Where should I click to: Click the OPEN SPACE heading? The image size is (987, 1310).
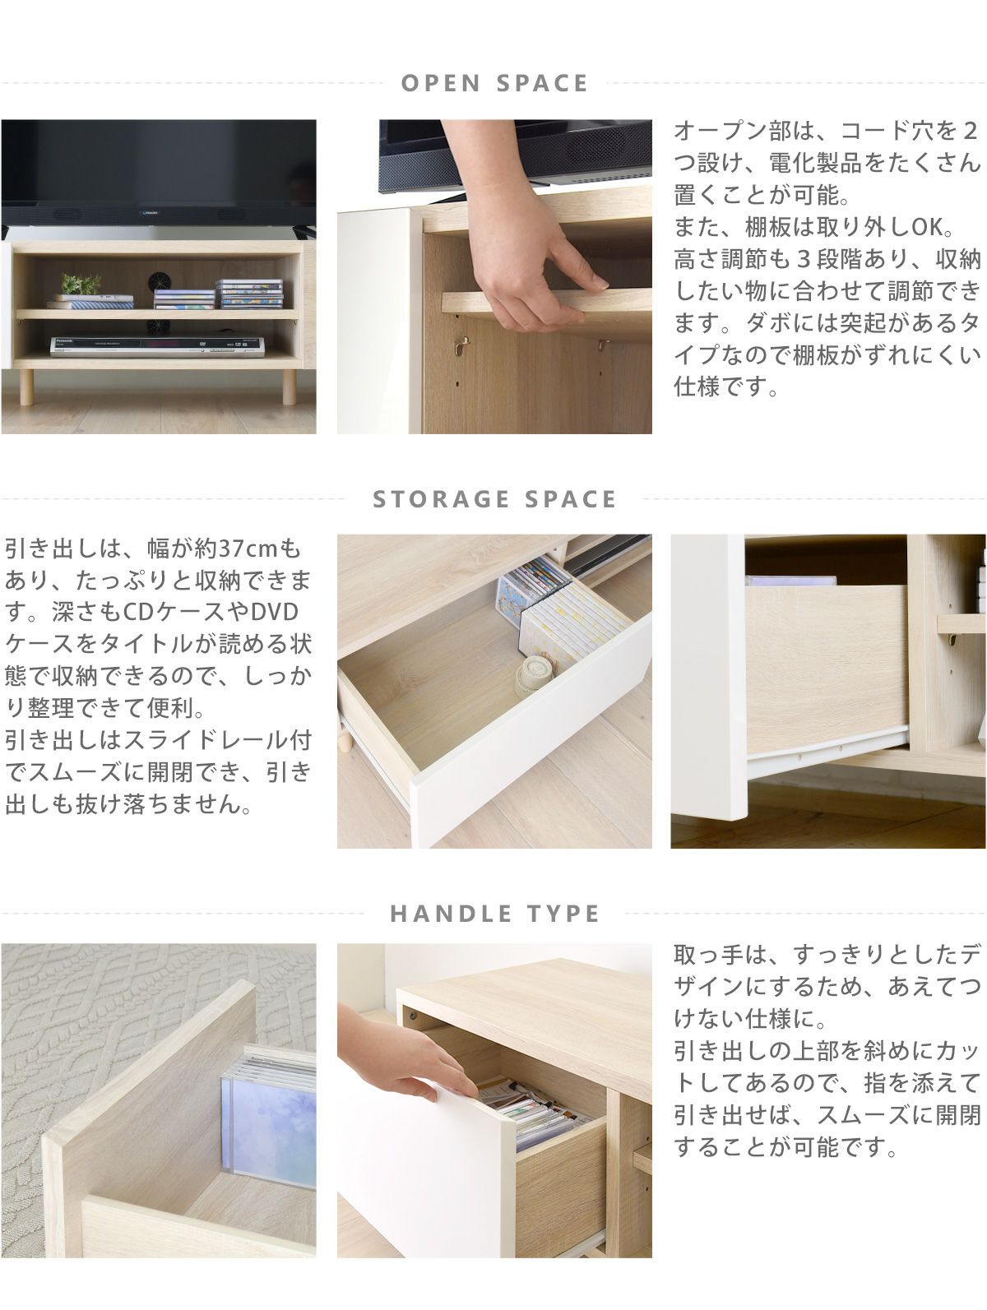[x=494, y=84]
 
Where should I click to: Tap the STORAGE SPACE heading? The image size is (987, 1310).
[x=494, y=499]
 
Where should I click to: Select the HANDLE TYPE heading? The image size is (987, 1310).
[x=494, y=914]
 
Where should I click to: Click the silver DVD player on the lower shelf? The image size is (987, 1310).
[x=157, y=346]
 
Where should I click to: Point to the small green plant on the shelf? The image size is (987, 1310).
[x=81, y=284]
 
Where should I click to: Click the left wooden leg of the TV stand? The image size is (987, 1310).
[x=26, y=387]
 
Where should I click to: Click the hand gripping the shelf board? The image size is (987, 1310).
[x=525, y=238]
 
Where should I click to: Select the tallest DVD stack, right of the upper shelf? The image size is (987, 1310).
[x=249, y=294]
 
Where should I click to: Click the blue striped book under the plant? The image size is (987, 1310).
[x=90, y=304]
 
